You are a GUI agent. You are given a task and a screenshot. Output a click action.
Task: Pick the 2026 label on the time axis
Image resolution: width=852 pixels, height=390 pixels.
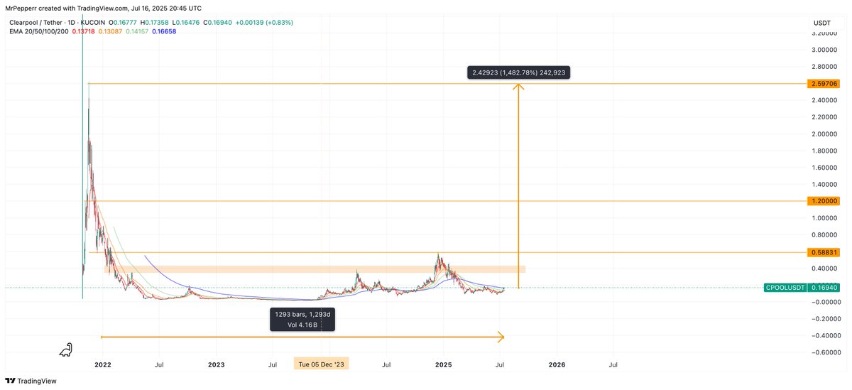point(557,364)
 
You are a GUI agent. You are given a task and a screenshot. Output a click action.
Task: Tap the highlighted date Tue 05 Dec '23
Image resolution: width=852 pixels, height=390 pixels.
point(322,364)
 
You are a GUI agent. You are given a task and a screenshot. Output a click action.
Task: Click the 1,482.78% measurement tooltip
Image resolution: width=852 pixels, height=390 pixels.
point(518,72)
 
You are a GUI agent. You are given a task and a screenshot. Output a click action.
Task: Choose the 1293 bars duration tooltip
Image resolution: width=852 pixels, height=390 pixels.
point(302,319)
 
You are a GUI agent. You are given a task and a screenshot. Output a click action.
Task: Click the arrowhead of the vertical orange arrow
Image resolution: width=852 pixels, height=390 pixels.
point(519,87)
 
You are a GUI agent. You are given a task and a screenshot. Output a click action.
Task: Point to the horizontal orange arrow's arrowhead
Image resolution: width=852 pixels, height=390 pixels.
point(501,337)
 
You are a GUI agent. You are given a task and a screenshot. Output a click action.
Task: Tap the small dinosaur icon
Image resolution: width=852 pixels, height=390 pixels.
point(66,349)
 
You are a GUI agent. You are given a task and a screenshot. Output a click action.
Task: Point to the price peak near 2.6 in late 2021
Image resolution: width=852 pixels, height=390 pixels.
point(89,85)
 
